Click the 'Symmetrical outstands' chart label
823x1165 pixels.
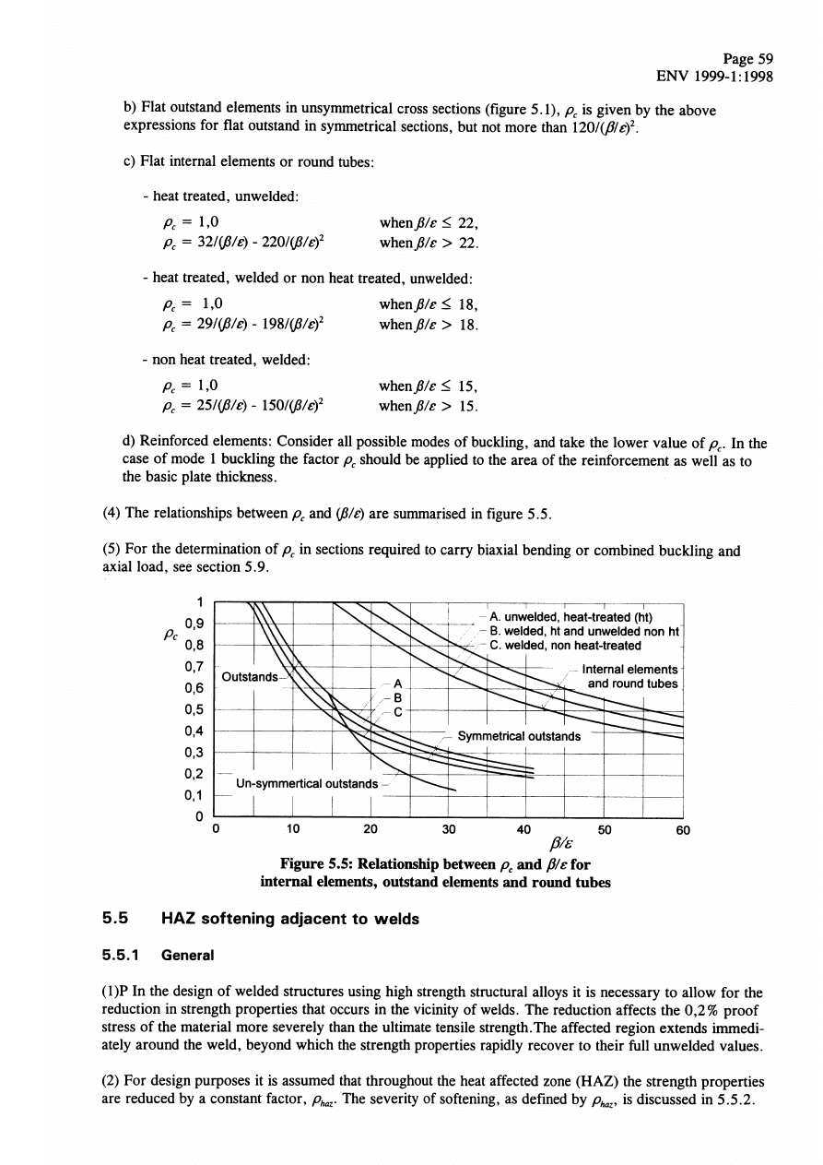click(x=519, y=735)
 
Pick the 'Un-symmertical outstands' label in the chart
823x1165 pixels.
click(x=307, y=784)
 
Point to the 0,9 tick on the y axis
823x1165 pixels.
click(x=194, y=624)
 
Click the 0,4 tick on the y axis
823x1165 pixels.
click(x=194, y=731)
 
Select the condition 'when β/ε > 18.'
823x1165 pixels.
click(x=429, y=324)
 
